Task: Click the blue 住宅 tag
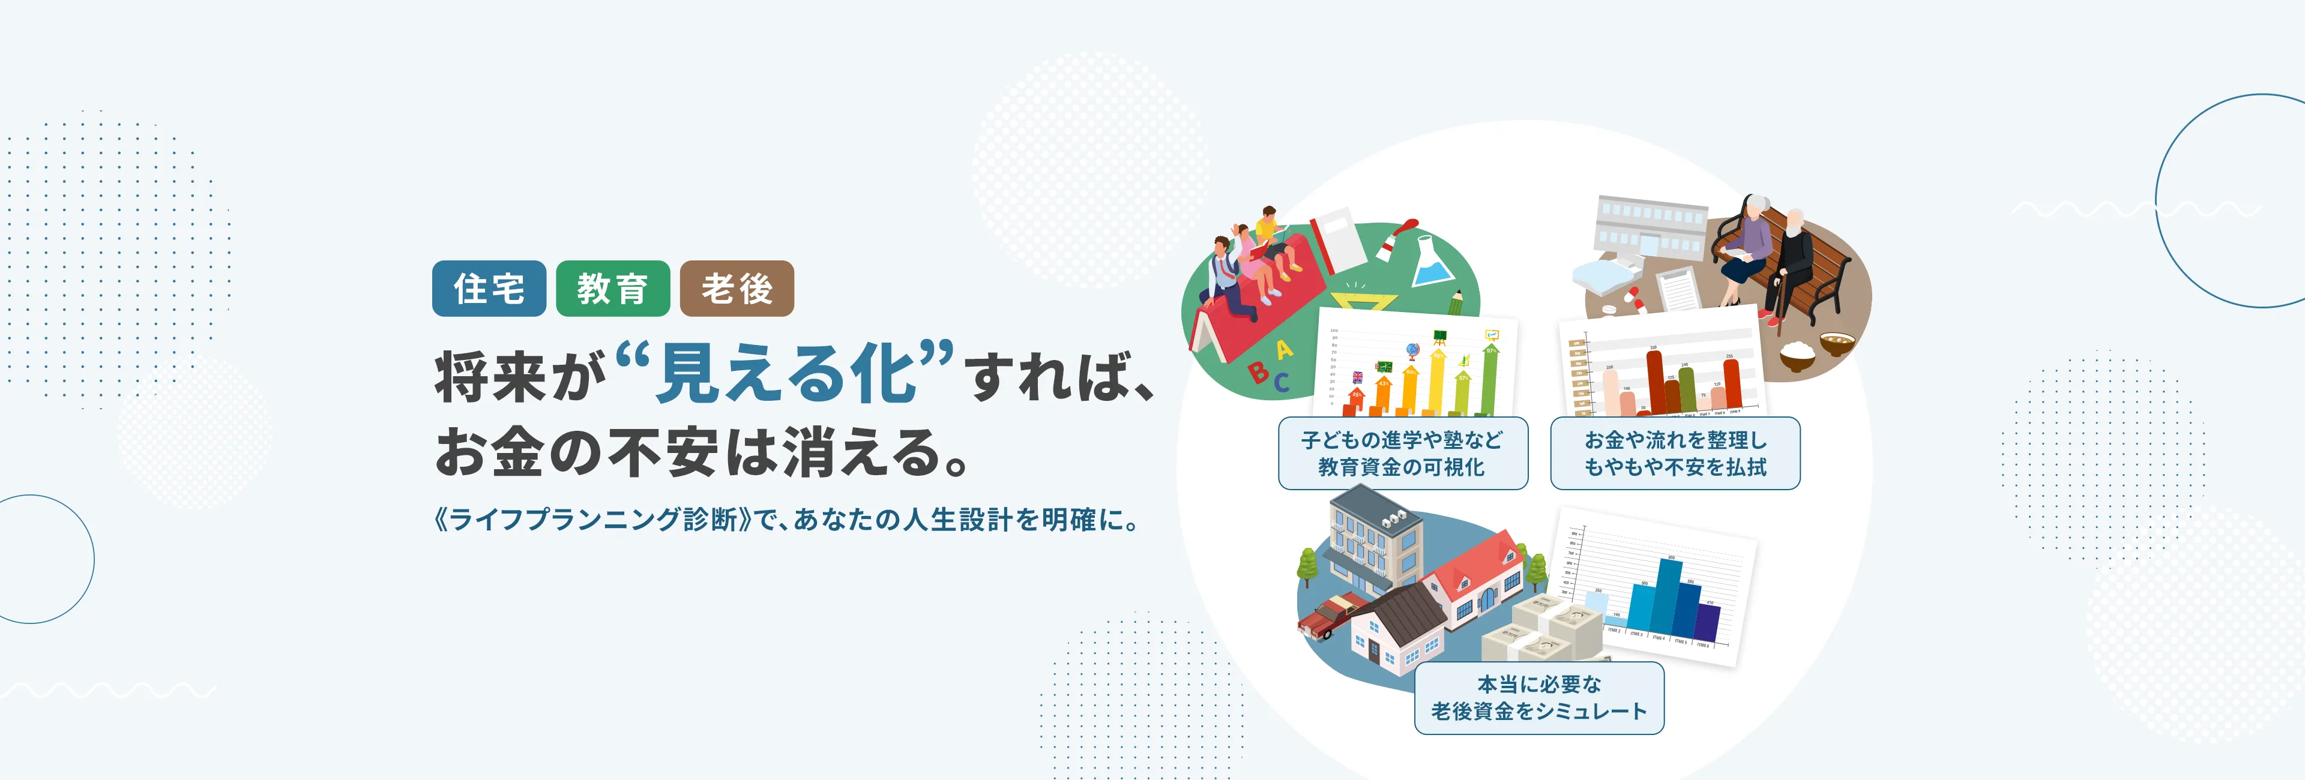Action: tap(489, 288)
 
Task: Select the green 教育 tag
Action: tap(612, 288)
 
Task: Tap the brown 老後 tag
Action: tap(737, 288)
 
